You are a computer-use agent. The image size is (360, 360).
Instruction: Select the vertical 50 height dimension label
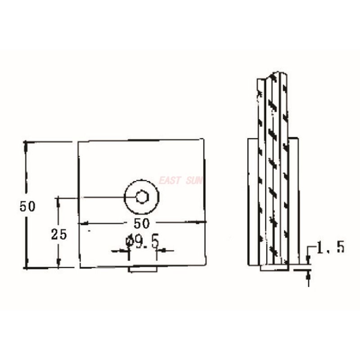click(x=27, y=206)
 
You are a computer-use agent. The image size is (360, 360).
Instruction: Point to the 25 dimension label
click(x=59, y=234)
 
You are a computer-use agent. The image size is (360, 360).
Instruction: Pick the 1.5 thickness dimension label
click(x=330, y=247)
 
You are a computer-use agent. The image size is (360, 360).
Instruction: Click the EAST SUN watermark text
click(x=180, y=181)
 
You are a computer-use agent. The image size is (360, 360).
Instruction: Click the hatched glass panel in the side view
click(x=273, y=171)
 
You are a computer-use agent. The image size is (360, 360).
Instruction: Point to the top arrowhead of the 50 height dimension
click(x=26, y=144)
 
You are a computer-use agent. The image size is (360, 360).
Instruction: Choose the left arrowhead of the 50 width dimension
click(x=81, y=223)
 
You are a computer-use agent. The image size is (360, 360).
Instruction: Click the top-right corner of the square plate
click(x=204, y=140)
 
